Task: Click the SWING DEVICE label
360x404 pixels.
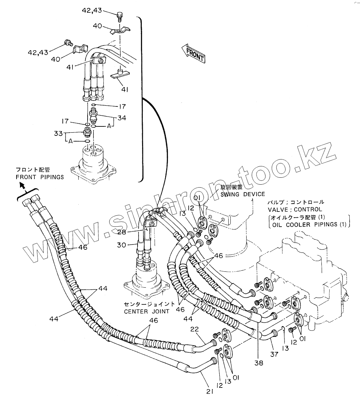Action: pos(243,194)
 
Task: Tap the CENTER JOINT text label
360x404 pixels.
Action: pos(147,311)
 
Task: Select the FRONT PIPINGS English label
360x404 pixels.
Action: pos(40,177)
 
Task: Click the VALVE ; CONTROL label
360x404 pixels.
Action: pos(295,209)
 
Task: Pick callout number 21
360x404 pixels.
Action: pos(210,391)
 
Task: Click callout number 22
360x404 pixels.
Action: pos(195,330)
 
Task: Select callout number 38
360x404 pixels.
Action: pos(259,363)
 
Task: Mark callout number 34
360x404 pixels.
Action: pos(121,118)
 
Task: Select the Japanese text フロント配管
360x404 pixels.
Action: pos(33,170)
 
